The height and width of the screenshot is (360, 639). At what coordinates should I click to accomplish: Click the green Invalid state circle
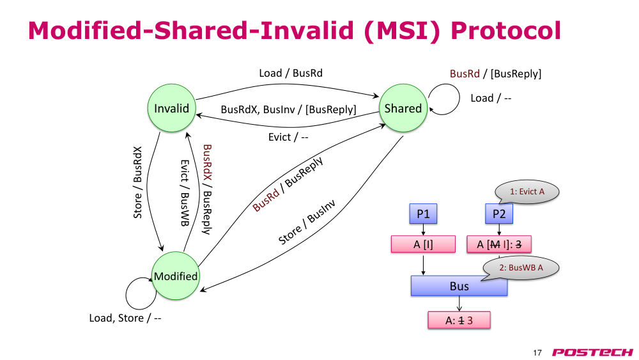pos(171,108)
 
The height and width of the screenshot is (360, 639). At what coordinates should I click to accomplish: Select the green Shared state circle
pos(403,108)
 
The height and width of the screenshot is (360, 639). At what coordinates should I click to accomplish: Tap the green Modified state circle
pos(176,276)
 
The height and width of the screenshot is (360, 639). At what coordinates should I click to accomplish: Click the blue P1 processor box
pos(423,214)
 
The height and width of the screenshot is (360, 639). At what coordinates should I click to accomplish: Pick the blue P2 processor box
pos(499,214)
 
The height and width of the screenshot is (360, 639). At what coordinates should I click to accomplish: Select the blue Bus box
pos(459,286)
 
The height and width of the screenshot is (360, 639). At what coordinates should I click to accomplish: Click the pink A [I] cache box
pos(423,244)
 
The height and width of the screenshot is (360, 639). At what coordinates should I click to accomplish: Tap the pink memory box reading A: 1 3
pos(459,320)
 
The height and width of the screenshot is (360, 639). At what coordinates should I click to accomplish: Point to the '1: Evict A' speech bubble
pos(527,192)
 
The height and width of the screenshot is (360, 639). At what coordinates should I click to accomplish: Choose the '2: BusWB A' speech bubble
pos(521,268)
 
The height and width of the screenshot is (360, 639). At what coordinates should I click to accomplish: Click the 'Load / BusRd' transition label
pos(291,73)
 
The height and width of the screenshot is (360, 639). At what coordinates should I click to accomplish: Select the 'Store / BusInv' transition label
pos(307,222)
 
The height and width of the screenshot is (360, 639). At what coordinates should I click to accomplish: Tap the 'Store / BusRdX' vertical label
pos(138,182)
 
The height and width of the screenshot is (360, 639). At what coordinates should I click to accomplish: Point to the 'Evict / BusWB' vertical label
pos(185,193)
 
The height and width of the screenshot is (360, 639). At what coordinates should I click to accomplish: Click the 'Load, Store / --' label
pos(125,318)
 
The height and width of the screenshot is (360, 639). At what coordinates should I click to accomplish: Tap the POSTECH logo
pos(592,352)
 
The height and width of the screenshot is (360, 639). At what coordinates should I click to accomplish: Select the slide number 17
pos(537,353)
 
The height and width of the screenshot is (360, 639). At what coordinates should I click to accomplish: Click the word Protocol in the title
pos(505,31)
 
